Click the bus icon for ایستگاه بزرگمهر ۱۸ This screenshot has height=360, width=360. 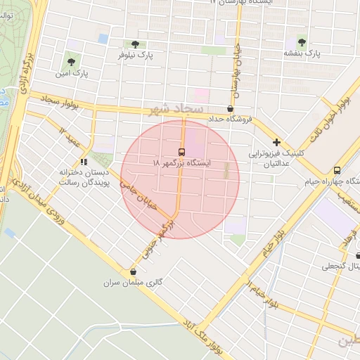pos(181,152)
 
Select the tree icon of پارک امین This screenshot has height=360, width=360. pos(70,62)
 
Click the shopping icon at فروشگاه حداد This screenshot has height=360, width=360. pos(231,109)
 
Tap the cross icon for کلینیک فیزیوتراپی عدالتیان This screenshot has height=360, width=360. pos(277,142)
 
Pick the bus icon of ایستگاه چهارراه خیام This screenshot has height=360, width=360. pos(337,170)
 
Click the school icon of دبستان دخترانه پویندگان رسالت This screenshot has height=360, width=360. pos(84,162)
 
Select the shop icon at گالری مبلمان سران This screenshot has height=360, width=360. pos(134,272)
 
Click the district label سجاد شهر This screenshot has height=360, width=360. pos(176,110)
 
